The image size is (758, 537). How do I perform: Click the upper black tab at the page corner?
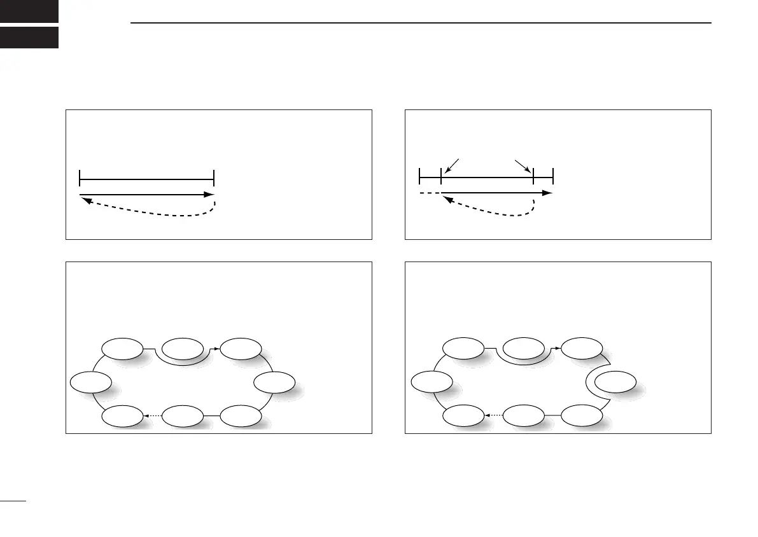tap(29, 11)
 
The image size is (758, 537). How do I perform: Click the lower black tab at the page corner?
tap(29, 38)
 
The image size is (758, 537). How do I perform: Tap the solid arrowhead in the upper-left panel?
tap(209, 194)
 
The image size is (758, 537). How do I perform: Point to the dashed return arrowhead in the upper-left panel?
tap(86, 200)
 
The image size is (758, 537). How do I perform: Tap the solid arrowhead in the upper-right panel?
tap(547, 192)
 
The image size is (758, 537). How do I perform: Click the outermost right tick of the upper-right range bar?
tap(553, 176)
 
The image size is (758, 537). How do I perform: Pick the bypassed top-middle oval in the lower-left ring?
tap(181, 348)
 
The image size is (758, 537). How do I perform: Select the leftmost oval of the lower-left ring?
tap(90, 384)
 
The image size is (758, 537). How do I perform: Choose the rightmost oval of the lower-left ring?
tap(274, 382)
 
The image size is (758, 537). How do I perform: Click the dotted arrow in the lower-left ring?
tap(153, 415)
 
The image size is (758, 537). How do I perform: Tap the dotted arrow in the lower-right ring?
tap(493, 415)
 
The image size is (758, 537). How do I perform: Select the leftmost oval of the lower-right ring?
tap(432, 383)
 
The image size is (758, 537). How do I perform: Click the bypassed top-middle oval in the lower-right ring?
tap(523, 348)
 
